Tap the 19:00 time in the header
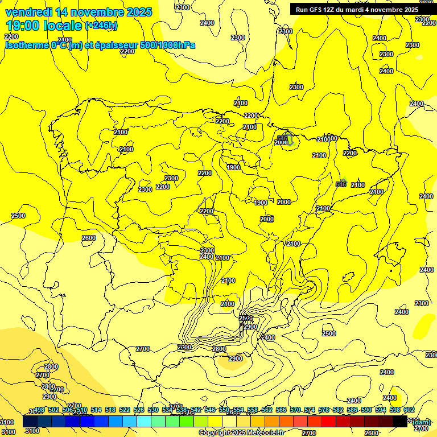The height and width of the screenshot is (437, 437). [x=26, y=25]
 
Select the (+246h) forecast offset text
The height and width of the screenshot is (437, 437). [x=101, y=26]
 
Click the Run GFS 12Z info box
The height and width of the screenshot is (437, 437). [x=357, y=9]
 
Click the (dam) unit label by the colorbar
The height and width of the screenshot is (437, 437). [x=421, y=422]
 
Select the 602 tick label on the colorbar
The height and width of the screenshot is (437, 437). [x=409, y=410]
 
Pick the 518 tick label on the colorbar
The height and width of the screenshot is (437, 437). [x=110, y=410]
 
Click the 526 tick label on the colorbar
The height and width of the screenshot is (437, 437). [x=139, y=410]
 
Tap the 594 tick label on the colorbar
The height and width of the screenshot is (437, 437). [x=380, y=410]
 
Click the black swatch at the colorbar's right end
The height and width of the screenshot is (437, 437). [x=400, y=422]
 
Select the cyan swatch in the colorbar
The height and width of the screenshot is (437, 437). [x=144, y=422]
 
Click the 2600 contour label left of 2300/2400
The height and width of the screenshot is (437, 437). [x=89, y=238]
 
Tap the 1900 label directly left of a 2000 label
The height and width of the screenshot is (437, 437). [x=261, y=203]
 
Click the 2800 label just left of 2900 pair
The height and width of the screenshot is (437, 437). [x=218, y=349]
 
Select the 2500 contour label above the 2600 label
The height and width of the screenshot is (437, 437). [x=18, y=216]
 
